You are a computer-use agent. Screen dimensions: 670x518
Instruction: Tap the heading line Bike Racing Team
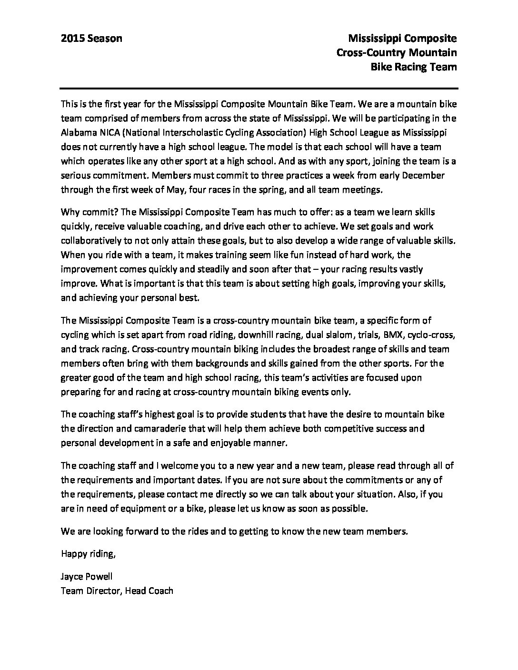[413, 67]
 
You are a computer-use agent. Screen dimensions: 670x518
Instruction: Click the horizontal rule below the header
[259, 89]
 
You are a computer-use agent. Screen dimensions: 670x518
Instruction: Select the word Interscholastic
[199, 131]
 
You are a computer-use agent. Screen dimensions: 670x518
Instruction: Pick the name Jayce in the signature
[72, 577]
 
